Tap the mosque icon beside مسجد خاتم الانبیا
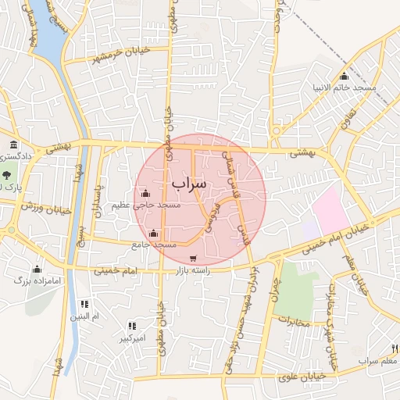point(345,76)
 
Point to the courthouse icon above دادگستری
point(14,145)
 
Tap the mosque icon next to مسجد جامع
point(154,234)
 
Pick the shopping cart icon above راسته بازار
point(193,258)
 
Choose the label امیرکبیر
point(131,338)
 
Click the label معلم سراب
point(379,361)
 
